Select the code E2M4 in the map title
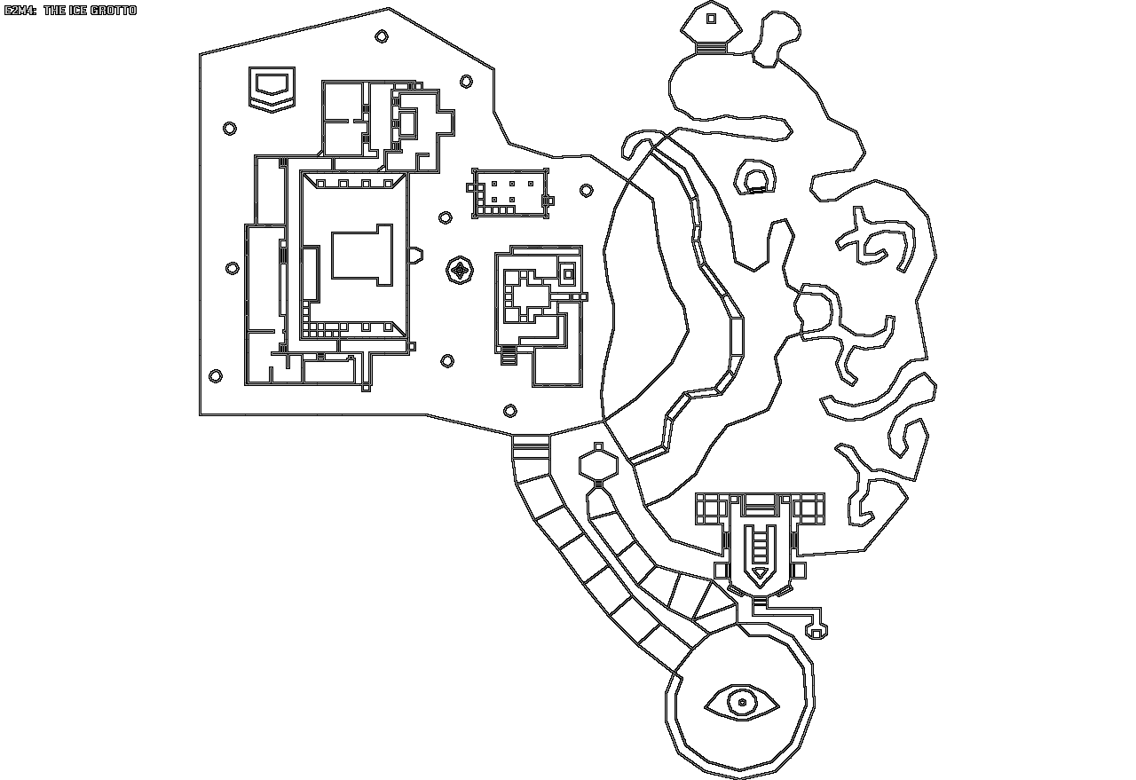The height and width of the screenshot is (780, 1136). pos(20,11)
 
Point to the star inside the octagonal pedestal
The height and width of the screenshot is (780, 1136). pos(460,271)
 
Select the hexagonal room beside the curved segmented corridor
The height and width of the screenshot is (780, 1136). pos(597,465)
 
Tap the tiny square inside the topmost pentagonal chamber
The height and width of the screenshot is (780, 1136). pos(711,18)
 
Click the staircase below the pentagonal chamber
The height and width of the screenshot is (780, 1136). pos(710,48)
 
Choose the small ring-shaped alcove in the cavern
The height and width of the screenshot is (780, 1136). pos(755,181)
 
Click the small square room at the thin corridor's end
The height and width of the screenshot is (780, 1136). pos(816,631)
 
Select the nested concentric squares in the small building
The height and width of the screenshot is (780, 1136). pos(569,270)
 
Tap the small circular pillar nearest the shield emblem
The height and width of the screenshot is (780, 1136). pos(230,129)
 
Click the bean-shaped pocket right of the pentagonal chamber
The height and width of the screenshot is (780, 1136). pos(774,35)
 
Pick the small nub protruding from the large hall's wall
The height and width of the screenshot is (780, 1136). pos(414,256)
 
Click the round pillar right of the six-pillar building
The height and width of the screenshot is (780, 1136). pos(586,191)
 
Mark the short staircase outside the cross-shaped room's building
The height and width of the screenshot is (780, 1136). pos(509,356)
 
